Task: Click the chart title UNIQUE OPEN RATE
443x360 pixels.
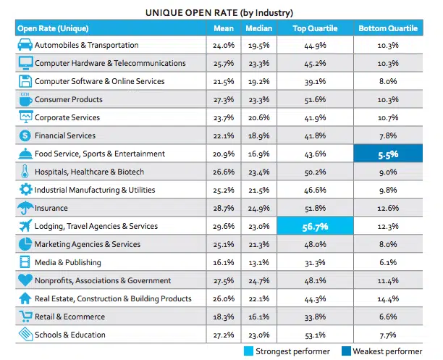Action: pos(220,12)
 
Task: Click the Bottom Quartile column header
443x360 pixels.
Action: pos(387,28)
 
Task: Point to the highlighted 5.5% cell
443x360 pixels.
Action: pos(388,154)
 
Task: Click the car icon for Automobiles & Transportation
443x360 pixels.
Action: pos(25,45)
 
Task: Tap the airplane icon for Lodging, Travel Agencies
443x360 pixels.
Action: pos(25,226)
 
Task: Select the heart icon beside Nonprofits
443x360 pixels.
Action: pos(25,280)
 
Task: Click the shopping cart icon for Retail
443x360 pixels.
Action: pos(25,317)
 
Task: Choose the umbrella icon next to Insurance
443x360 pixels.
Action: pos(25,208)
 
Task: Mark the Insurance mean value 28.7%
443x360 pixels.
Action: pos(224,208)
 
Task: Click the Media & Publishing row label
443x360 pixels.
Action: pos(68,262)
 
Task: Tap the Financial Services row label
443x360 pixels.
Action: pos(65,135)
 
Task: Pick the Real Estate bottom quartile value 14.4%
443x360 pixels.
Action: pos(388,298)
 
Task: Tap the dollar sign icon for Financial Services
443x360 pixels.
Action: pos(25,135)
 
